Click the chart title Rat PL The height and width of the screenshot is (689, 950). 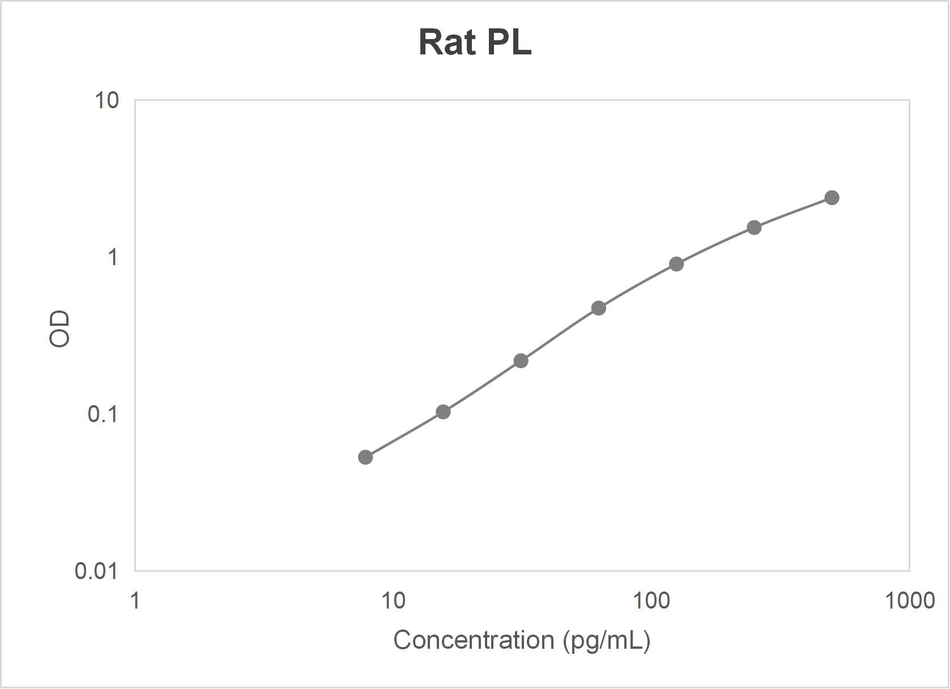tap(475, 42)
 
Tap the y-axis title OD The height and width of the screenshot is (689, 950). tap(59, 329)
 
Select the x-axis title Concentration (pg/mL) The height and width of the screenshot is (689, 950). tap(522, 640)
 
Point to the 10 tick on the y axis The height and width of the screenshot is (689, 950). tap(106, 101)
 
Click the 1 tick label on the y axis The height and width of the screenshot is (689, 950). tap(113, 258)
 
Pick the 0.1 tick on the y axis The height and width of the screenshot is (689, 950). tap(103, 414)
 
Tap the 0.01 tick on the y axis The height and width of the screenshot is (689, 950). tap(96, 571)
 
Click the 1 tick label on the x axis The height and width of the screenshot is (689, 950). tap(135, 601)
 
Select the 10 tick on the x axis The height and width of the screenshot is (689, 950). tap(393, 601)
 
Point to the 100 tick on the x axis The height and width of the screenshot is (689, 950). tap(651, 601)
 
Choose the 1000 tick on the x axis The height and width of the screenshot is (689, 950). tap(909, 601)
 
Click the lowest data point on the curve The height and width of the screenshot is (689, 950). tap(365, 457)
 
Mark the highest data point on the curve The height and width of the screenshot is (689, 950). tap(832, 198)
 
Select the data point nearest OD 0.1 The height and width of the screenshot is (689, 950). tap(443, 412)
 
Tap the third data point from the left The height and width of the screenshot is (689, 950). tap(521, 361)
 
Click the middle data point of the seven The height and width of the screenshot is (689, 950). tap(599, 308)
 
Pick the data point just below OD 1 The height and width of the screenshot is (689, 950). tap(676, 264)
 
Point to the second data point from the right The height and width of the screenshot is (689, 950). tap(754, 228)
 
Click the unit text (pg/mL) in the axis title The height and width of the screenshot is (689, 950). tap(606, 640)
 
